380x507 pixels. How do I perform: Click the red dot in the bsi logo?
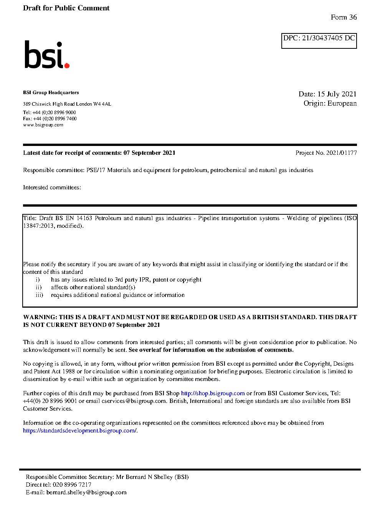[67, 66]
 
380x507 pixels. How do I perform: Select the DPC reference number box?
[319, 41]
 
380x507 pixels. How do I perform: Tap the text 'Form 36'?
[344, 17]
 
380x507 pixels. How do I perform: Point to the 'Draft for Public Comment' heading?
[66, 8]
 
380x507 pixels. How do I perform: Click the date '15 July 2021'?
[337, 94]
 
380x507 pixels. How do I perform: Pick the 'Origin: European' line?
[330, 103]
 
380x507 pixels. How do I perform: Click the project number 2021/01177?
[341, 153]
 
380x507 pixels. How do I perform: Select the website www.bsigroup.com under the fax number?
[43, 125]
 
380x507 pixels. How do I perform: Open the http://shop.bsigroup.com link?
[213, 393]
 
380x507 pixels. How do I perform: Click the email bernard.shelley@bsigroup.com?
[86, 492]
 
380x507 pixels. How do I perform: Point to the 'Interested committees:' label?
[52, 187]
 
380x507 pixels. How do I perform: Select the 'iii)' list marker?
[39, 295]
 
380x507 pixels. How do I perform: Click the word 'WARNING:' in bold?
[40, 317]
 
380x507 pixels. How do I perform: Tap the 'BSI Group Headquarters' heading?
[51, 93]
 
